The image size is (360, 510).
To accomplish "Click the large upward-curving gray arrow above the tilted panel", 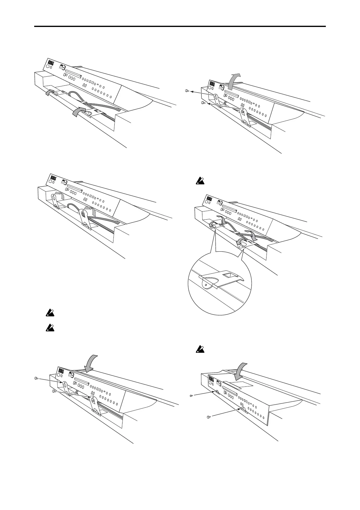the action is [x=234, y=81].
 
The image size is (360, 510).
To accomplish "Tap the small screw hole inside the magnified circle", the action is [x=206, y=285].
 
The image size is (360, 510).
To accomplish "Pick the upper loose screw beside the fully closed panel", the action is [x=191, y=395].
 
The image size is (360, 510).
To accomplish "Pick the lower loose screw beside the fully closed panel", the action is [x=208, y=417].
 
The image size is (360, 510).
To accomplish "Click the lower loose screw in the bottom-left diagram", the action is [x=54, y=391].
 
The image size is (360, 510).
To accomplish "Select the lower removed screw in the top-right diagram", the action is [x=203, y=103].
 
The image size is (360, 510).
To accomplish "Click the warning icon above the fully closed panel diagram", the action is [x=200, y=350].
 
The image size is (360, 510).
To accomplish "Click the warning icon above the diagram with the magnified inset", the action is [x=200, y=181].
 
